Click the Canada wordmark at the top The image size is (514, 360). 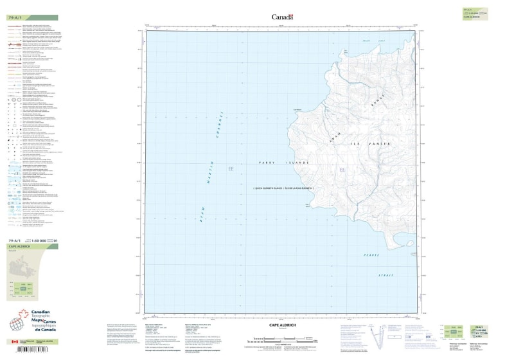tap(282, 17)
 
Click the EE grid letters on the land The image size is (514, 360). tap(342, 170)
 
